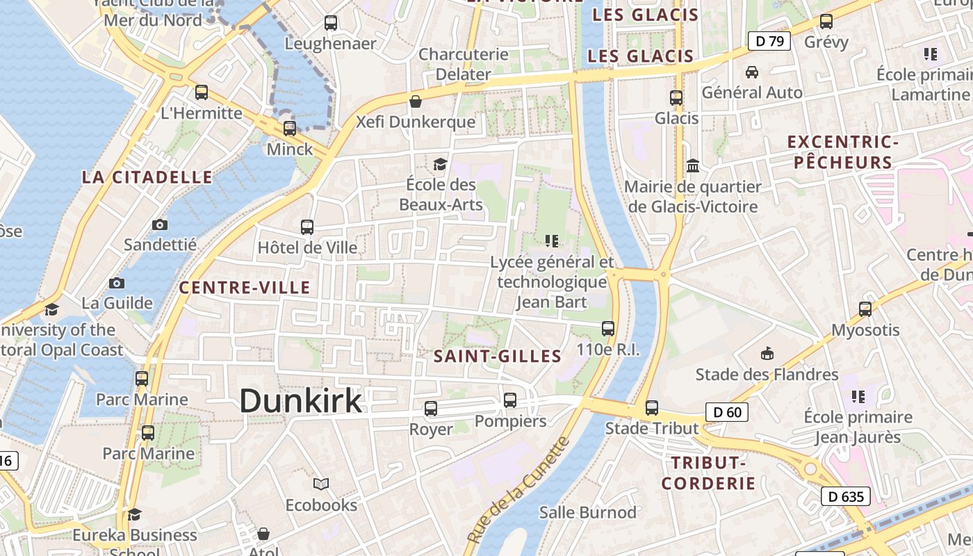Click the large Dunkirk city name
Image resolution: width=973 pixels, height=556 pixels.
(301, 401)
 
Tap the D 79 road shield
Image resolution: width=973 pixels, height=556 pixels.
(769, 41)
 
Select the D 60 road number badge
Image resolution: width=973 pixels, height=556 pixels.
(728, 412)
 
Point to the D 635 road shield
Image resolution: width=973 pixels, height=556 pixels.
(846, 496)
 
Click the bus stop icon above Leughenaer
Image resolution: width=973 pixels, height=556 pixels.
(331, 23)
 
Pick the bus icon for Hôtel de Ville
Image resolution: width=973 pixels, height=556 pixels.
(307, 227)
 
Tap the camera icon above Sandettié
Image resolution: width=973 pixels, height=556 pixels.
(160, 224)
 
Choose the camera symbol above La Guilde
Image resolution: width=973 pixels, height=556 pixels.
(117, 283)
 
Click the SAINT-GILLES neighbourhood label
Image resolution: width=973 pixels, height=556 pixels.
(498, 357)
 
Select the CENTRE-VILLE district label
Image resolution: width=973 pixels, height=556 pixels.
(245, 288)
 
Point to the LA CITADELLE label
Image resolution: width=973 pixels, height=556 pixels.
(147, 177)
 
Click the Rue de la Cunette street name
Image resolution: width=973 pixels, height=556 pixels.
(518, 491)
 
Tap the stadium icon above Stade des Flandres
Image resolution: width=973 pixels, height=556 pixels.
(767, 354)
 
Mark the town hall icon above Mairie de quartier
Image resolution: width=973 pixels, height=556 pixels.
(693, 166)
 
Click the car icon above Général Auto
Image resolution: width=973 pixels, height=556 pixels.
(752, 72)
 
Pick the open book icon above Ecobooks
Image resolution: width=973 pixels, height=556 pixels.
(321, 484)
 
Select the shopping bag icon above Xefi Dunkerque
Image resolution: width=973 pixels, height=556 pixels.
(416, 101)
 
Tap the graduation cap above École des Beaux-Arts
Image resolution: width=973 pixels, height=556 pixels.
(440, 164)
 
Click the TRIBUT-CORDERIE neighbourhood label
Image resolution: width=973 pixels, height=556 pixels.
(708, 473)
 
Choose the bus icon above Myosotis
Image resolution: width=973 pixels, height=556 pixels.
(865, 309)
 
